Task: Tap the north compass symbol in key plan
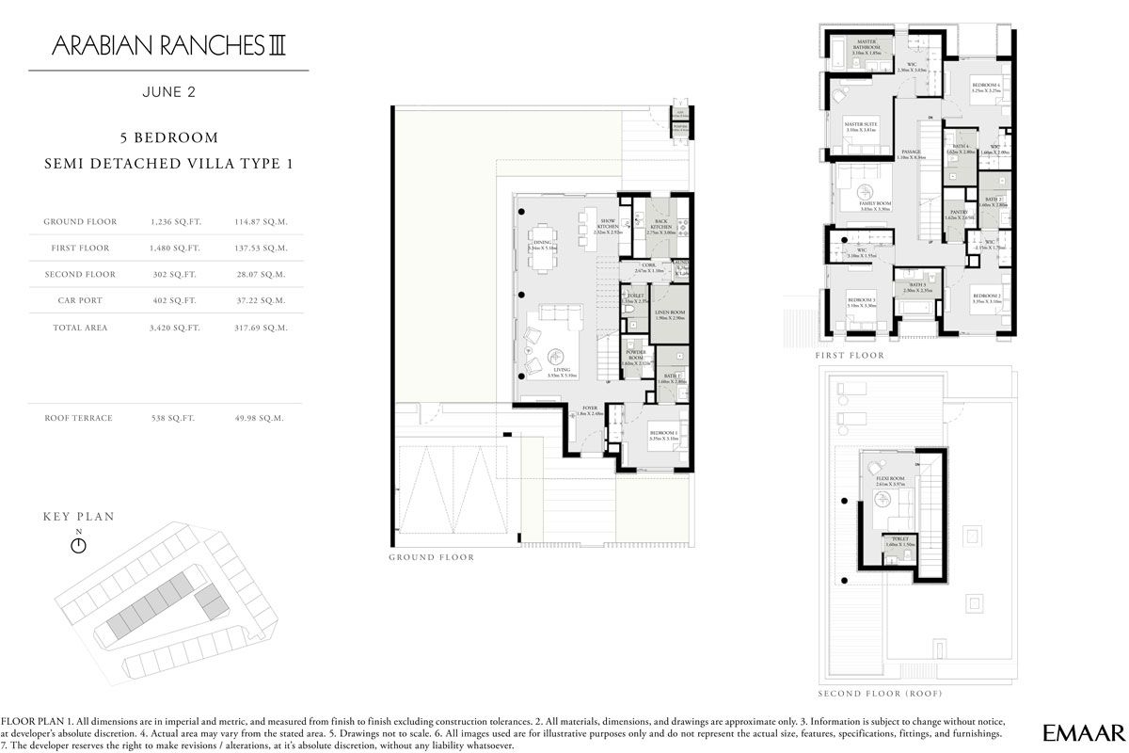click(x=79, y=543)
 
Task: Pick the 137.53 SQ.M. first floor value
click(x=261, y=248)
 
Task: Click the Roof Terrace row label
click(x=78, y=417)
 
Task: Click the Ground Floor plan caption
click(x=431, y=557)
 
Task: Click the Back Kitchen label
click(x=660, y=226)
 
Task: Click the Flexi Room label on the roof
click(x=889, y=480)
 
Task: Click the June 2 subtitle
click(x=168, y=92)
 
